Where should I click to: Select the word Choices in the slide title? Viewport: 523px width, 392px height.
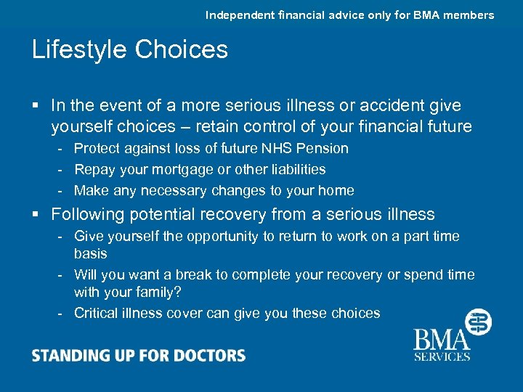point(181,49)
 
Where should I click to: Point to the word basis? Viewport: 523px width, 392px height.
point(90,253)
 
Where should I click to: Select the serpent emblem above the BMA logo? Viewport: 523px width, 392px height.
point(478,322)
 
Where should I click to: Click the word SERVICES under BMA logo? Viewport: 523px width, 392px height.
point(442,356)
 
